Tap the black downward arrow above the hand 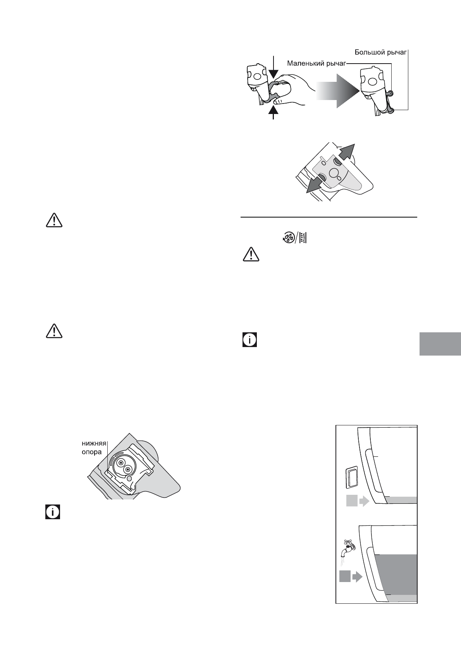(x=274, y=68)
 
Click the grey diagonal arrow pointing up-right (x=346, y=152)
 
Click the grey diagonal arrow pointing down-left (x=315, y=185)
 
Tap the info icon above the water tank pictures (x=250, y=339)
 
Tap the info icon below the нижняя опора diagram (x=53, y=512)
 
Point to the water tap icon (x=348, y=548)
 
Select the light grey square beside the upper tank (x=351, y=501)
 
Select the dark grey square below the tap (x=345, y=577)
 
